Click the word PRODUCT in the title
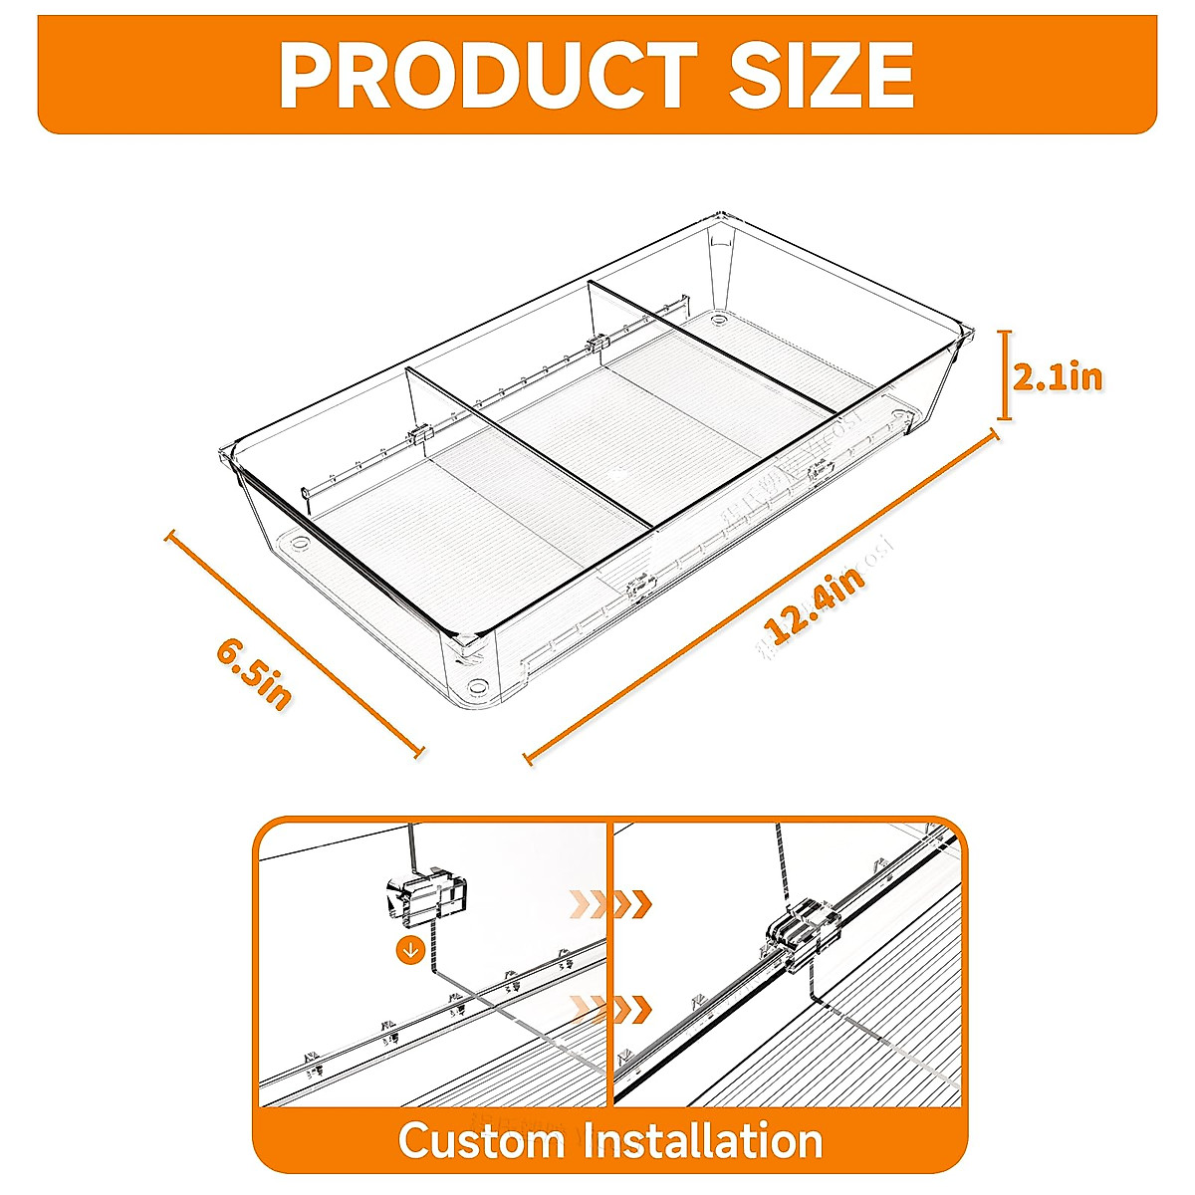[x=487, y=75]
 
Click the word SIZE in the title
[x=822, y=75]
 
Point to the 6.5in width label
[x=254, y=674]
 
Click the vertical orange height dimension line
[x=1006, y=375]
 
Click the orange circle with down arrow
[x=409, y=949]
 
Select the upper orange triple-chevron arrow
[x=609, y=904]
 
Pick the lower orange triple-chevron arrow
[x=609, y=1009]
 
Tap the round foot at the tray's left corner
[x=300, y=546]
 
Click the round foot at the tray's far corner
[x=718, y=321]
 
